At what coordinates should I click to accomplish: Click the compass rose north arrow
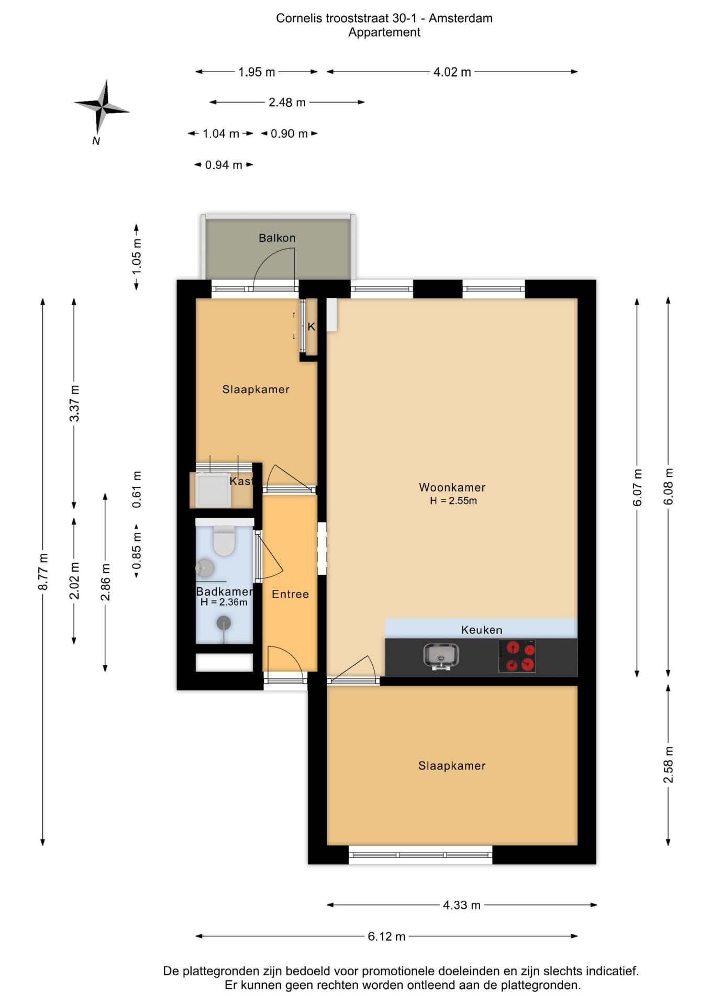tap(102, 108)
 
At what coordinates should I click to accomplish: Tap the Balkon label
tap(277, 238)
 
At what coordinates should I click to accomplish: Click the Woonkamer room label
tap(452, 487)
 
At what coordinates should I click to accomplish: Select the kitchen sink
tap(441, 656)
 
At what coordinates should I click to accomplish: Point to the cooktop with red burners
tap(517, 656)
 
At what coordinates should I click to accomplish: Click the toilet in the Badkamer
tap(224, 541)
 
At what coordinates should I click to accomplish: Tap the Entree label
tap(290, 594)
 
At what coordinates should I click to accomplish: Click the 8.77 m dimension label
tap(43, 572)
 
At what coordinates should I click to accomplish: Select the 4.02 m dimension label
tap(452, 72)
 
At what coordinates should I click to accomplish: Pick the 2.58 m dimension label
tap(669, 765)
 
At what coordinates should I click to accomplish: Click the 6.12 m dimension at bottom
tap(386, 936)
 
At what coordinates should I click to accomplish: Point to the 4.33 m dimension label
tap(462, 905)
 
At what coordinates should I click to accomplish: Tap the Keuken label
tap(482, 630)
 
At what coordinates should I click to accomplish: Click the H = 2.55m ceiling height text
tap(453, 501)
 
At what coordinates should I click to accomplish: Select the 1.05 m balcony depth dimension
tap(137, 256)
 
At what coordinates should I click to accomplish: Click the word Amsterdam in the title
tap(461, 18)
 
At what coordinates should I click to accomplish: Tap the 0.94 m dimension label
tap(224, 165)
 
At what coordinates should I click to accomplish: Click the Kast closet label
tap(241, 481)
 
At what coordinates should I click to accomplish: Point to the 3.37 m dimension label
tap(75, 403)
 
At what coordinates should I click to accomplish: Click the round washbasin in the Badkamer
tap(205, 568)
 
